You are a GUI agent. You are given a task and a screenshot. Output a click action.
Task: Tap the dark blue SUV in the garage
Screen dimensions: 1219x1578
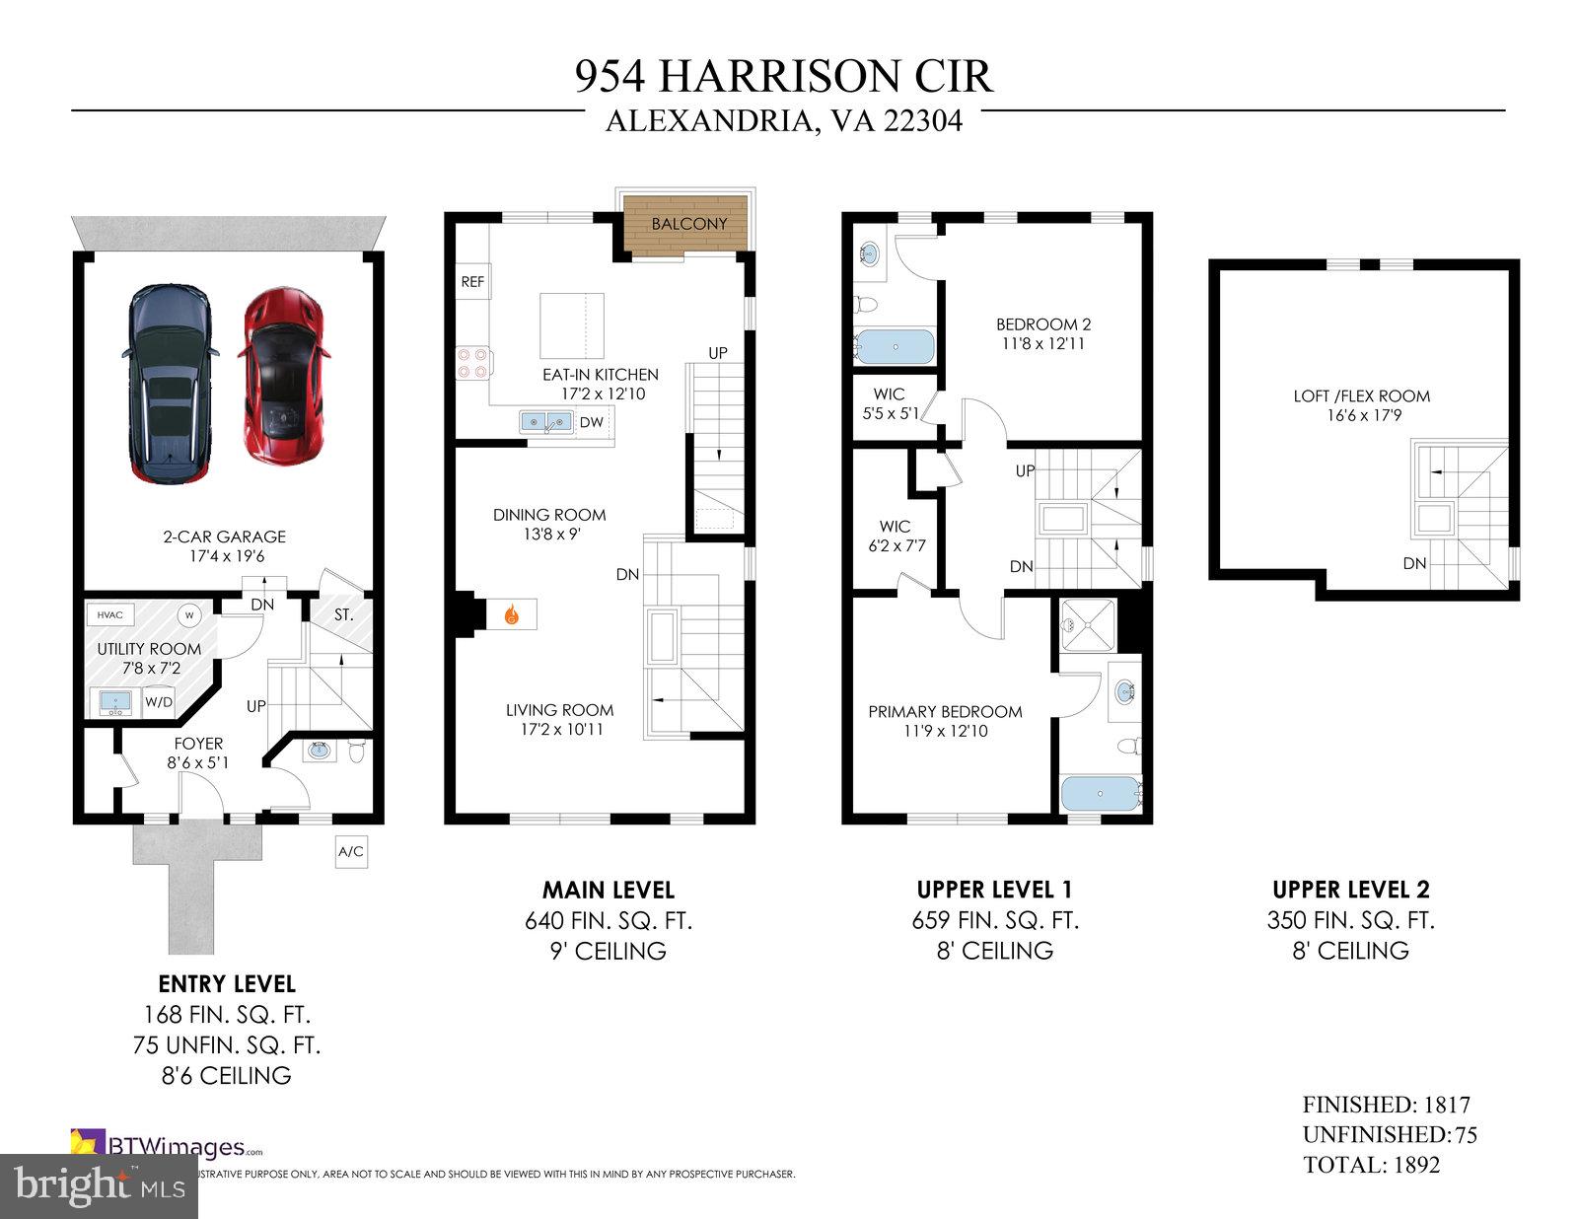[x=169, y=383]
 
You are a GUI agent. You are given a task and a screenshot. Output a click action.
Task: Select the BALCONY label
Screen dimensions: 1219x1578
[x=689, y=224]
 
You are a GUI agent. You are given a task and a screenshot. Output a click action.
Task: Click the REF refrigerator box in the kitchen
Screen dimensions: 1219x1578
[x=473, y=282]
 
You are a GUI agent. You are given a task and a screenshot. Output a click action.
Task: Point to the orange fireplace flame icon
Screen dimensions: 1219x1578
[x=511, y=614]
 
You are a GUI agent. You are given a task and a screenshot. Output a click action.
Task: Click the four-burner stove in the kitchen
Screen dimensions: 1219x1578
[x=471, y=363]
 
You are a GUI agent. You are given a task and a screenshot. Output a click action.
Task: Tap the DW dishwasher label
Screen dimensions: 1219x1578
[x=591, y=423]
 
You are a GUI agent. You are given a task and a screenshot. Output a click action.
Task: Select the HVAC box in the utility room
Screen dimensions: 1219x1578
[x=110, y=615]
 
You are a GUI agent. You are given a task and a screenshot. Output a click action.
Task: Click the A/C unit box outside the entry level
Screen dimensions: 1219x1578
[x=351, y=851]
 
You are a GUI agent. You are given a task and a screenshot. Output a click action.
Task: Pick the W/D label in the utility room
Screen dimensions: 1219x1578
[x=159, y=702]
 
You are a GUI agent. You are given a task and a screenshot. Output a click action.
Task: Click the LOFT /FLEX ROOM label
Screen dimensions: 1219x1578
[x=1362, y=396]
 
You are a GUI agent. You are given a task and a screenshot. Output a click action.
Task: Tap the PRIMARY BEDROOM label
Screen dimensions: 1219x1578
[x=945, y=712]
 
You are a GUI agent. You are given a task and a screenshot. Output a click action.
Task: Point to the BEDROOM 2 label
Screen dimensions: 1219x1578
[x=1043, y=324]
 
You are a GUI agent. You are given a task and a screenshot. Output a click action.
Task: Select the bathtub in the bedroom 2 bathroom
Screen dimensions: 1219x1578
[x=894, y=346]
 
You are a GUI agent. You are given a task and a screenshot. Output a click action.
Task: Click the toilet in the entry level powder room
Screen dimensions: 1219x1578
[x=358, y=753]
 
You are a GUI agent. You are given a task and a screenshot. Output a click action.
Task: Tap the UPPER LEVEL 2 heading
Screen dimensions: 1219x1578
[x=1350, y=889]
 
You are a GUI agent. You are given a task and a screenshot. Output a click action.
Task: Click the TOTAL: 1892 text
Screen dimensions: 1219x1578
[x=1371, y=1165]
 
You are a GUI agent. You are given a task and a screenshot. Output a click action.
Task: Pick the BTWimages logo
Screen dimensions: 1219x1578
[x=168, y=1146]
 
